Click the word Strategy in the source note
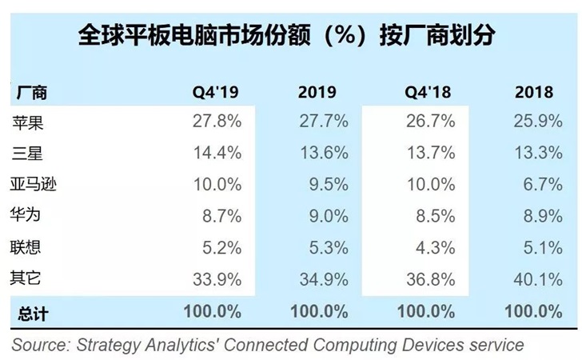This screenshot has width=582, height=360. pos(109,345)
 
